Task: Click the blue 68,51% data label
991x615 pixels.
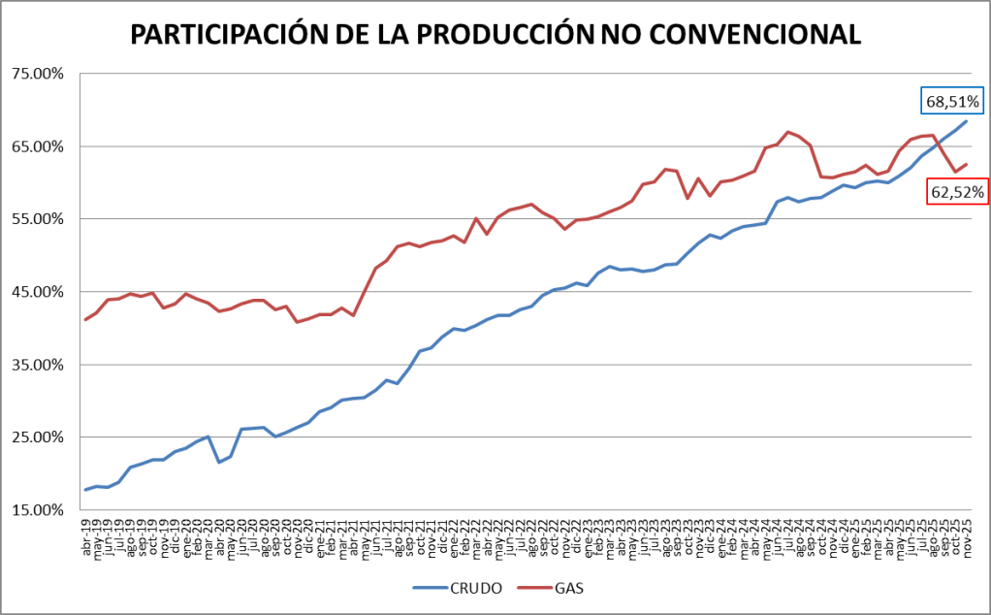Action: (x=952, y=101)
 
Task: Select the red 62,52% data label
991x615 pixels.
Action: (x=957, y=192)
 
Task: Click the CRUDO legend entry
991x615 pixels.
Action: (x=463, y=588)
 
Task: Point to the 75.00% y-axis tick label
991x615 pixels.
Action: (x=36, y=74)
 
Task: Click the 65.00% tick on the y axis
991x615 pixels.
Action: (x=36, y=146)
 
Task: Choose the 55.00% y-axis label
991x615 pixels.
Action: (x=36, y=219)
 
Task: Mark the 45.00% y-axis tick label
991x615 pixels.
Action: (x=36, y=292)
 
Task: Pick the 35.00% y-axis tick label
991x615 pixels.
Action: (x=36, y=365)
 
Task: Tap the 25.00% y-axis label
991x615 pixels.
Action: (x=36, y=437)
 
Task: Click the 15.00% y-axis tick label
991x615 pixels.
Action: (x=36, y=510)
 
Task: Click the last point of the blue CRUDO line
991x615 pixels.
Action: (x=967, y=120)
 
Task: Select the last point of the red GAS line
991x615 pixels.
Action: (x=967, y=164)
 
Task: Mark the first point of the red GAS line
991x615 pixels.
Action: (x=85, y=319)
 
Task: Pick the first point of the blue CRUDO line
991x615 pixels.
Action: (x=85, y=490)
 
